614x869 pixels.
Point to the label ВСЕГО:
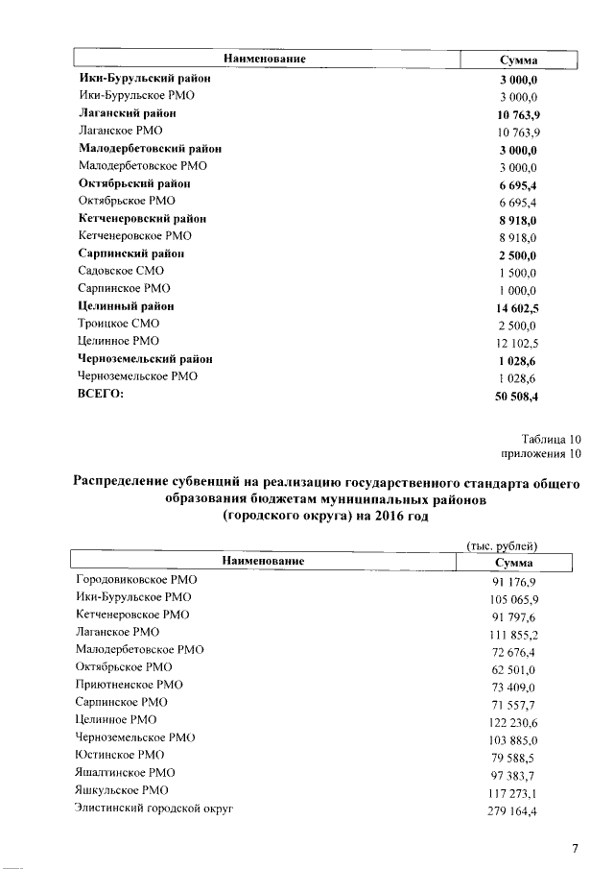pos(101,394)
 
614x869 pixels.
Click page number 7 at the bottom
pos(575,848)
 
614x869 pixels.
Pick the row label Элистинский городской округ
pos(154,808)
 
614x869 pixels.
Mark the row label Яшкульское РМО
pos(122,789)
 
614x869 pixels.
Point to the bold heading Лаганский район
pos(127,113)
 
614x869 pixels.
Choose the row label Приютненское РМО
pos(129,685)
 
